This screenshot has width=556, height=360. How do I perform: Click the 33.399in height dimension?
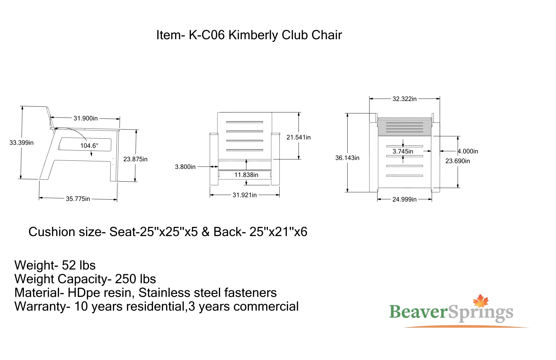pyautogui.click(x=22, y=143)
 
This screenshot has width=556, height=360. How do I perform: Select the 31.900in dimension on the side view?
pyautogui.click(x=86, y=118)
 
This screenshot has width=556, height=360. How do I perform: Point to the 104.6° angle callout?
pyautogui.click(x=89, y=146)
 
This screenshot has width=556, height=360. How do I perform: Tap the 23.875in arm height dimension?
pyautogui.click(x=135, y=159)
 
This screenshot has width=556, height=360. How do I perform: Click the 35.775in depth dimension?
pyautogui.click(x=78, y=199)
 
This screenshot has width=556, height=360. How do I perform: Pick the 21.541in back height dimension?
pyautogui.click(x=299, y=137)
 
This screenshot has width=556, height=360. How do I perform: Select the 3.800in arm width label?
pyautogui.click(x=185, y=167)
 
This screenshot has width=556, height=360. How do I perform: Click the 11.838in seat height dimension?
pyautogui.click(x=247, y=175)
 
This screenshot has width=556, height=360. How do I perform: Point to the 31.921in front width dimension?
pyautogui.click(x=245, y=195)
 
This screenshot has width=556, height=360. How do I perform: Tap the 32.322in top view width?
pyautogui.click(x=405, y=99)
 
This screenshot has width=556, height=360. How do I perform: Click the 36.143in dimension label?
pyautogui.click(x=347, y=158)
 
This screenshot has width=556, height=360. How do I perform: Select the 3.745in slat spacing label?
pyautogui.click(x=403, y=151)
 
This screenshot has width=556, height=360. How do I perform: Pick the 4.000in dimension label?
pyautogui.click(x=468, y=151)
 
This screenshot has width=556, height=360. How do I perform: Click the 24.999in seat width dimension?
pyautogui.click(x=405, y=199)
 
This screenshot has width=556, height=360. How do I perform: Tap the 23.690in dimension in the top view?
pyautogui.click(x=458, y=161)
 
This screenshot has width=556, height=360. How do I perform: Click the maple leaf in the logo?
pyautogui.click(x=480, y=301)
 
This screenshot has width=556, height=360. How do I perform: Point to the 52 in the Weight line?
pyautogui.click(x=68, y=265)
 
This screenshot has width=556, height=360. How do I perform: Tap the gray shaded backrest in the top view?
pyautogui.click(x=405, y=128)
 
